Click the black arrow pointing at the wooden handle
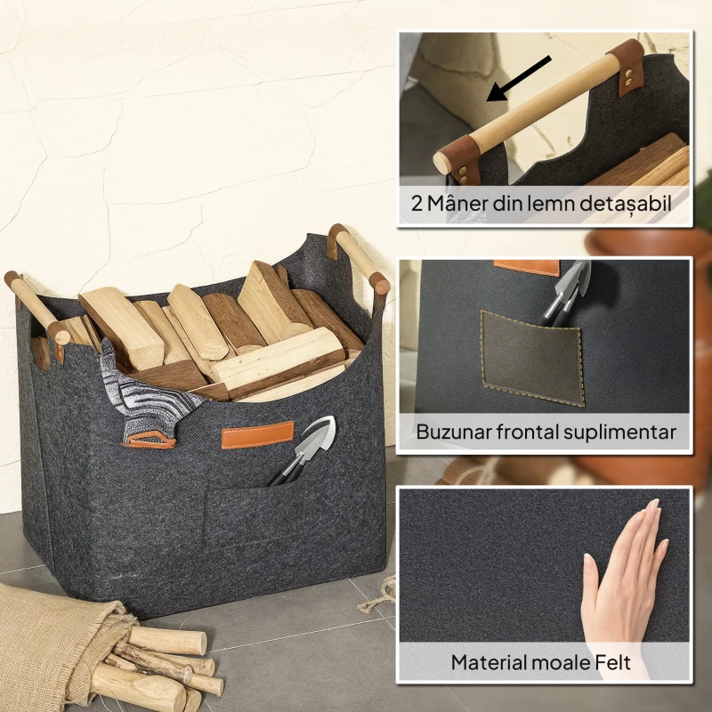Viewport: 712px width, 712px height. [518, 78]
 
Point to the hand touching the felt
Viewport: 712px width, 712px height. [627, 586]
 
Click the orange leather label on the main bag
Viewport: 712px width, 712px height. [257, 435]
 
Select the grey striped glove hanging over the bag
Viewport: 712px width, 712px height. [145, 397]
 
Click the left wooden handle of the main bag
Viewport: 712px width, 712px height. [37, 308]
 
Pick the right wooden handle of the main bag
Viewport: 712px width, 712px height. [360, 257]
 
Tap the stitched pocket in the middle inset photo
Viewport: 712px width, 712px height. [532, 358]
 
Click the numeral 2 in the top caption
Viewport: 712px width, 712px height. [417, 204]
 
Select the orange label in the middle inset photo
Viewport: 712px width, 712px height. [527, 267]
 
